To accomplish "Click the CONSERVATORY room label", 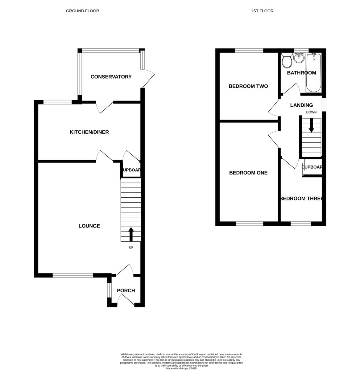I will [111, 77].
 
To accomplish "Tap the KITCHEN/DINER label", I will [89, 132].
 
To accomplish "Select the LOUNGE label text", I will [89, 226].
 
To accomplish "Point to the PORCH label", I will [126, 290].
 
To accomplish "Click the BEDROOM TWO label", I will [248, 86].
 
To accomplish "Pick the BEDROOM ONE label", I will [248, 173].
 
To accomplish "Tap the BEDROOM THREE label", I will [301, 199].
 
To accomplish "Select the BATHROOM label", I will [301, 73].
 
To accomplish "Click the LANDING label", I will [301, 105].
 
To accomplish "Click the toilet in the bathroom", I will [287, 60].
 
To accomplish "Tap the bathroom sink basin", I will [299, 58].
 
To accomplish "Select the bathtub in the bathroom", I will [313, 72].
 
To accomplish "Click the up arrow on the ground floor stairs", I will [131, 234].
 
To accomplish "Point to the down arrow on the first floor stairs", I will [311, 125].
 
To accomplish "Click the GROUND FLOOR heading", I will [82, 11].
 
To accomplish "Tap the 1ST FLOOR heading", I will [262, 11].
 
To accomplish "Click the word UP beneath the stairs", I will [131, 247].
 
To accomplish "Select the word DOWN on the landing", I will [311, 112].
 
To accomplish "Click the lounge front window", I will [73, 275].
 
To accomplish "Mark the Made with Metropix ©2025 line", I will [181, 368].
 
